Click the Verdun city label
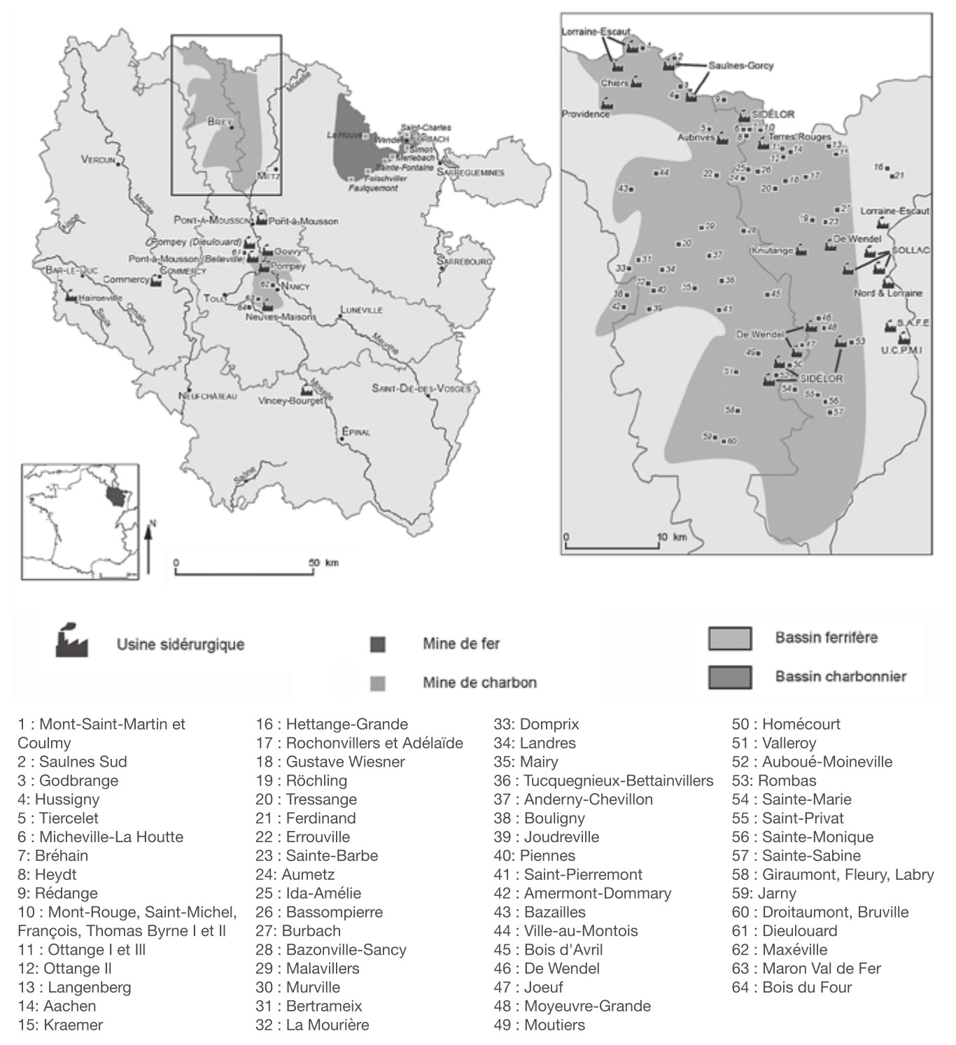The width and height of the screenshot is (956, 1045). click(97, 160)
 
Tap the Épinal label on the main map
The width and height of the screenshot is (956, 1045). click(356, 432)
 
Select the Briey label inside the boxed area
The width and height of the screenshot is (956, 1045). click(219, 121)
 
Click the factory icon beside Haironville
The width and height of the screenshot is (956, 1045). click(71, 296)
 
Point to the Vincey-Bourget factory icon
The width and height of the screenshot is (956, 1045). click(306, 390)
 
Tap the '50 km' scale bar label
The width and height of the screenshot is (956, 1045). click(323, 562)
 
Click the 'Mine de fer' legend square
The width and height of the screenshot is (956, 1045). click(378, 644)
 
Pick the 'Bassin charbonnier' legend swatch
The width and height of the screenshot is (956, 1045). click(730, 677)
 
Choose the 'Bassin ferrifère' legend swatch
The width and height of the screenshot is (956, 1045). click(730, 638)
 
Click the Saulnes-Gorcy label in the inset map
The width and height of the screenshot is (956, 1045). click(740, 65)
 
